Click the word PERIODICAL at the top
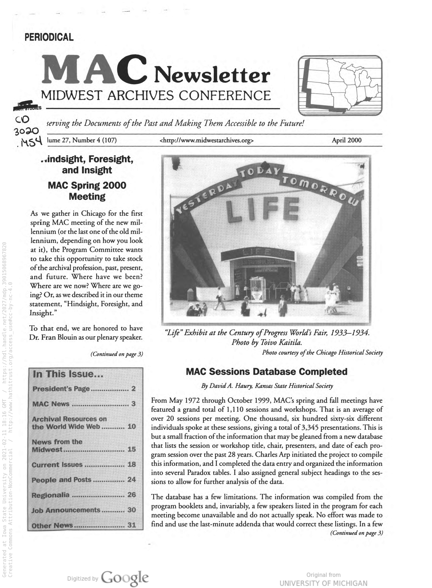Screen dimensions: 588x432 tap(49, 37)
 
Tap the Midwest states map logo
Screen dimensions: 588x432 tap(340, 85)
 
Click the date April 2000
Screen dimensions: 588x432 tap(347, 140)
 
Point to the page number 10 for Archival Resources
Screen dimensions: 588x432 tap(131, 427)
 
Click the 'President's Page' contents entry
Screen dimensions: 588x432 tap(61, 389)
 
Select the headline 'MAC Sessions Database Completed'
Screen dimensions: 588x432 tap(266, 372)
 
